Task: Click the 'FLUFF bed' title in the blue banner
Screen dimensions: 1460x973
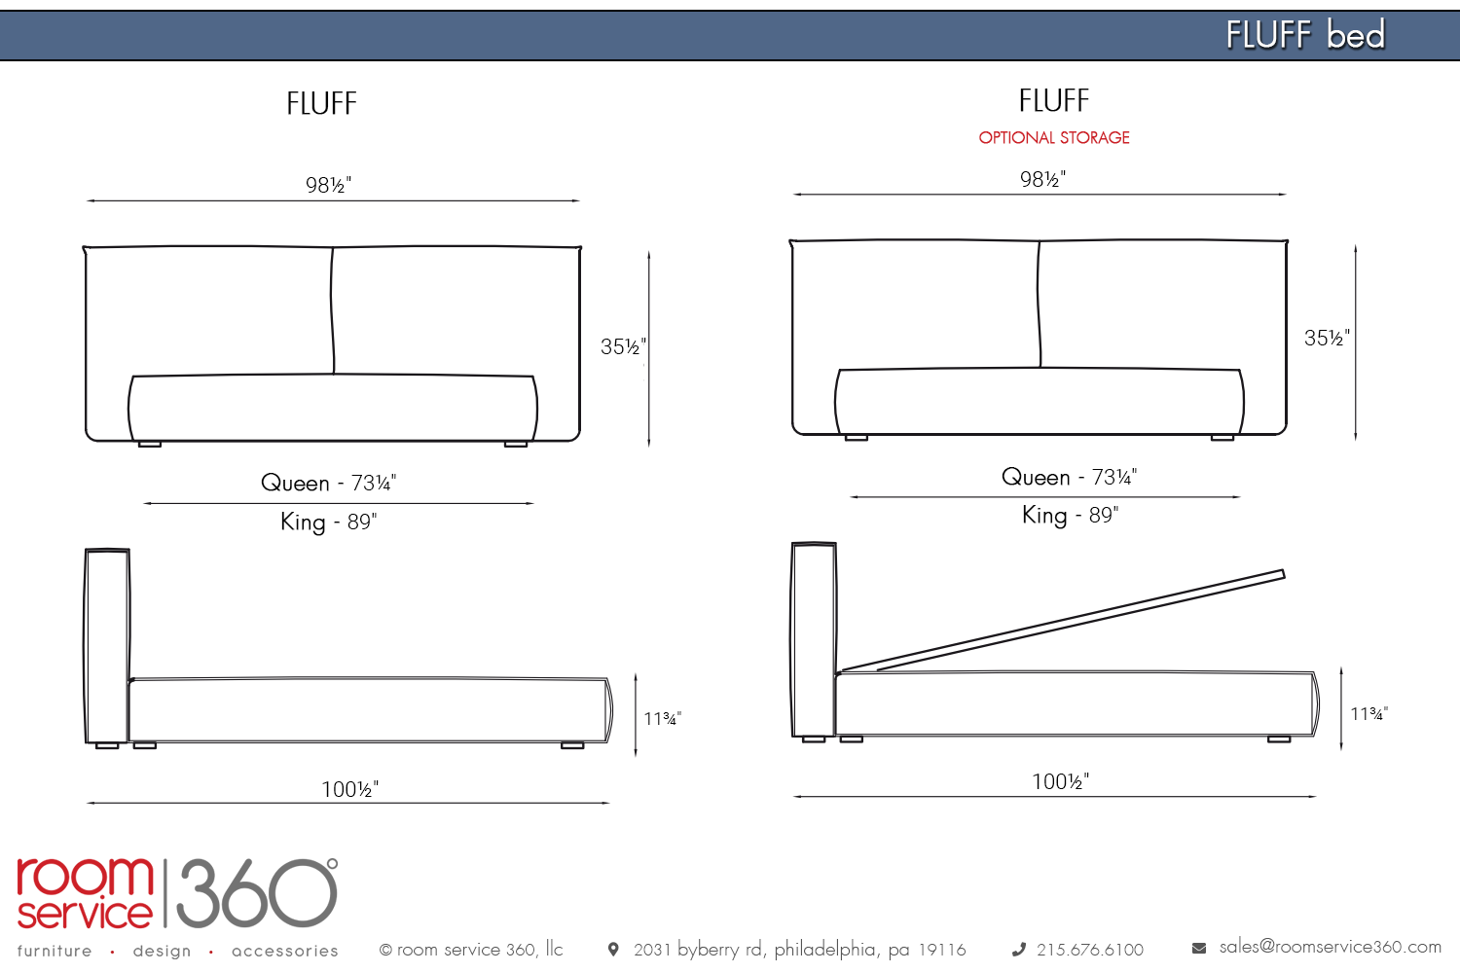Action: (1305, 34)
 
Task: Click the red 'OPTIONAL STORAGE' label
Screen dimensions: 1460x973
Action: (1054, 137)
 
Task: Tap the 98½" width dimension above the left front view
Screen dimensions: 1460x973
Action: (329, 185)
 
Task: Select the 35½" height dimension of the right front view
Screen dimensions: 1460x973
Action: (1327, 338)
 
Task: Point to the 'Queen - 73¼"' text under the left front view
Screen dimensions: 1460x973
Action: (329, 483)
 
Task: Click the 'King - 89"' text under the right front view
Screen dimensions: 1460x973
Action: (1070, 515)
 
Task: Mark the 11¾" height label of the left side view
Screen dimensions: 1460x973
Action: (662, 718)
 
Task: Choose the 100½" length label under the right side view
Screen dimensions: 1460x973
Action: (1061, 781)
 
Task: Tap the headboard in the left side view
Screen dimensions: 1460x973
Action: (107, 646)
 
